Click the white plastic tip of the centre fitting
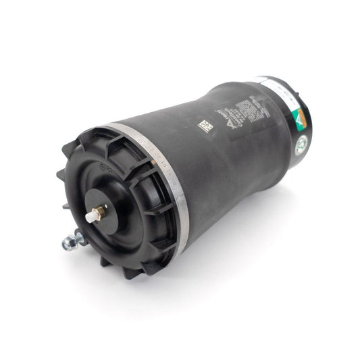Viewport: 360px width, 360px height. point(90,217)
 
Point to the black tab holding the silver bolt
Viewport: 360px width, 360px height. point(80,236)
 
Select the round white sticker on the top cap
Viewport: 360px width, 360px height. point(301,143)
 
